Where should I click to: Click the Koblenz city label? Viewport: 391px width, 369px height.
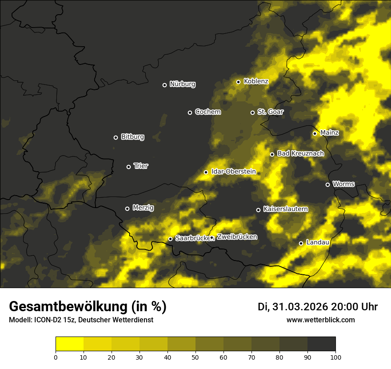(256, 81)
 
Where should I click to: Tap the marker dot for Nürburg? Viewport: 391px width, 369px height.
(164, 85)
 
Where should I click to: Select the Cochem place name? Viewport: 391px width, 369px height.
(207, 112)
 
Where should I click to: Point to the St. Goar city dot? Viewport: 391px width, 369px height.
(252, 112)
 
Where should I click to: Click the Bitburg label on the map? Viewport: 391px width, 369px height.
(132, 137)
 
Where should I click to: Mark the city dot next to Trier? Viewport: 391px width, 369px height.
(129, 167)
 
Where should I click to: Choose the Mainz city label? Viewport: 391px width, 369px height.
(329, 132)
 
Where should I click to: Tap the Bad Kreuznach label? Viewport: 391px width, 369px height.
(300, 153)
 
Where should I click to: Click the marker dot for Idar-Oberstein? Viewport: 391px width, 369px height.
(206, 172)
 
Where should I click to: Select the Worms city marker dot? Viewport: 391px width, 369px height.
(328, 184)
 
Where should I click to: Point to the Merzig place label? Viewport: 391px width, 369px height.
(143, 208)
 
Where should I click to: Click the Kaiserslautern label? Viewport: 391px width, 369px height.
(285, 209)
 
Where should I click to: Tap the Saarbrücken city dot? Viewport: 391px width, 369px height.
(170, 239)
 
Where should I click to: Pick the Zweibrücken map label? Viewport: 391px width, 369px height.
(237, 237)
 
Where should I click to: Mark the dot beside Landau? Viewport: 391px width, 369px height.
(301, 243)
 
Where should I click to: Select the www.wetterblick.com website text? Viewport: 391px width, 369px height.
(320, 320)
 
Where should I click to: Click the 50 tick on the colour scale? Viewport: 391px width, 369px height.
(195, 357)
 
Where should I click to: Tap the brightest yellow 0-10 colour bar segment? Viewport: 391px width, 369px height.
(70, 344)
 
